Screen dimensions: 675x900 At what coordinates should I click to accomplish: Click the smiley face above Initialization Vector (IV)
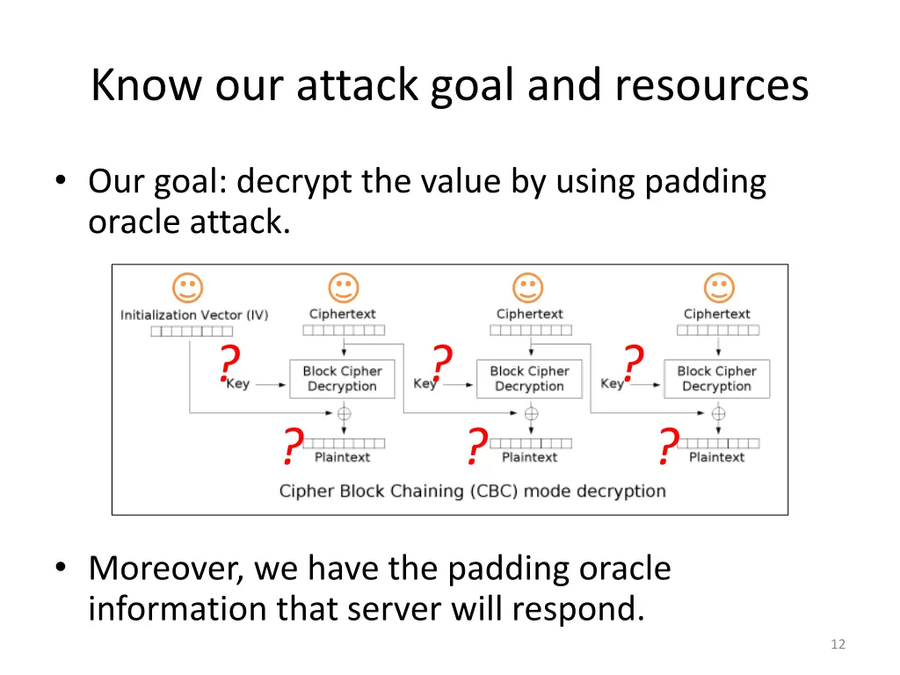pos(186,287)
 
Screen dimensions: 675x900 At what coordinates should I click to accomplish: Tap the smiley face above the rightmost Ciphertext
pos(718,287)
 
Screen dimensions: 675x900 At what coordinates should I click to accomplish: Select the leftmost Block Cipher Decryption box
pos(342,379)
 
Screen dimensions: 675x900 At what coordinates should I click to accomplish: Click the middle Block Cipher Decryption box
pos(529,379)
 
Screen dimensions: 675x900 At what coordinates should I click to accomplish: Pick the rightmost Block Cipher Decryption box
pos(716,379)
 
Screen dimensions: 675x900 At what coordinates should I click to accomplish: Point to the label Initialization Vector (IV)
pos(194,315)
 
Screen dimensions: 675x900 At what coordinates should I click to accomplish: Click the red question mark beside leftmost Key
pos(229,363)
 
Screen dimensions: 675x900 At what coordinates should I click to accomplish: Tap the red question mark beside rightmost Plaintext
pos(668,446)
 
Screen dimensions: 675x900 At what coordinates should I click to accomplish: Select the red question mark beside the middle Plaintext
pos(475,446)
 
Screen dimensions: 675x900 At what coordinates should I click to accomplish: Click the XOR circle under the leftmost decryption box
pos(344,412)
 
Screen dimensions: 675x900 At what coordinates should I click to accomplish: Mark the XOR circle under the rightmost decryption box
pos(718,412)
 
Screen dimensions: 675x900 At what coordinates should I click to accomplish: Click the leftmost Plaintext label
pos(342,457)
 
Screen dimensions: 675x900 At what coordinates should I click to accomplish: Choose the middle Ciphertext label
pos(529,314)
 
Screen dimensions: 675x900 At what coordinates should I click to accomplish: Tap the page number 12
pos(837,645)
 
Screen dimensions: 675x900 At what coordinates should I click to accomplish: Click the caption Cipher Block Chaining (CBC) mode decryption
pos(472,490)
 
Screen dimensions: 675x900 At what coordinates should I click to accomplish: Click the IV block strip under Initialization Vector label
pos(192,331)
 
